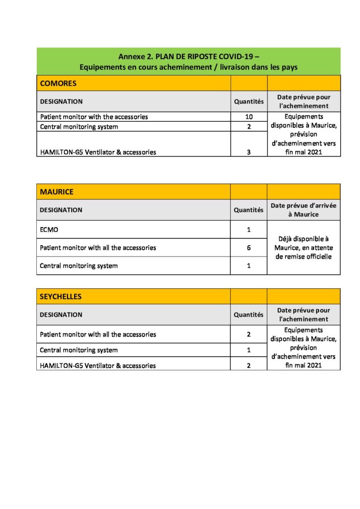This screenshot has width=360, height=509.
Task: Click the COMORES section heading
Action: pyautogui.click(x=58, y=83)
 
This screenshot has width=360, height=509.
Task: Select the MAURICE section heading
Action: pyautogui.click(x=56, y=191)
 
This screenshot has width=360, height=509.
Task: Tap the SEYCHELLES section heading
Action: pyautogui.click(x=61, y=296)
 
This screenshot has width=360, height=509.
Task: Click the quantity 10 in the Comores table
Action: pyautogui.click(x=249, y=117)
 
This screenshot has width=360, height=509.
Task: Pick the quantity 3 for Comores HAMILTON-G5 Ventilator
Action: pyautogui.click(x=249, y=152)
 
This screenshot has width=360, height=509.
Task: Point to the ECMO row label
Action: pyautogui.click(x=48, y=230)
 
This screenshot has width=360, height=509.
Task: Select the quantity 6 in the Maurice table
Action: pyautogui.click(x=249, y=248)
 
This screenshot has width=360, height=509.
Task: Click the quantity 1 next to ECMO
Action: pyautogui.click(x=249, y=230)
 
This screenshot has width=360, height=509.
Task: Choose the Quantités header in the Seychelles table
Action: pyautogui.click(x=249, y=315)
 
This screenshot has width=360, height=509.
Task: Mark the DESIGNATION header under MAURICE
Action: pyautogui.click(x=61, y=210)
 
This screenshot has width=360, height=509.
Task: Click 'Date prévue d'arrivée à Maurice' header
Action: pyautogui.click(x=303, y=210)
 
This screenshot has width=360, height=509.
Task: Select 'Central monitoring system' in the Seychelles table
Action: pyautogui.click(x=79, y=350)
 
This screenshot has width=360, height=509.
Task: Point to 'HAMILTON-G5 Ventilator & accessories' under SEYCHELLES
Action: pyautogui.click(x=97, y=365)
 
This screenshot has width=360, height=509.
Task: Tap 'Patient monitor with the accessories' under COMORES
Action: pyautogui.click(x=94, y=117)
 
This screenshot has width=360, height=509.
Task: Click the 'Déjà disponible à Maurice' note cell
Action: pyautogui.click(x=303, y=248)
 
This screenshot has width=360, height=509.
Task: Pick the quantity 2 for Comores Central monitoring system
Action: pyautogui.click(x=249, y=127)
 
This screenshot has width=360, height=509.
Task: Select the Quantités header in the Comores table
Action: pyautogui.click(x=249, y=101)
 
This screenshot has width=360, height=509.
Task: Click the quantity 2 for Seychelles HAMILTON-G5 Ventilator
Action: pyautogui.click(x=249, y=365)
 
